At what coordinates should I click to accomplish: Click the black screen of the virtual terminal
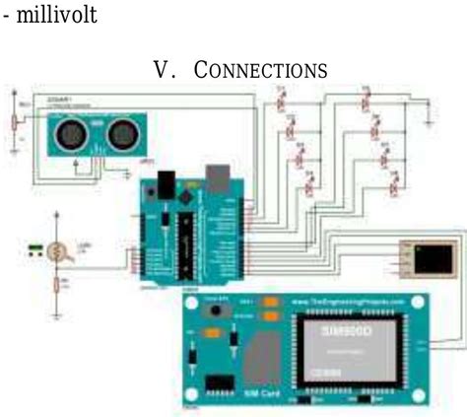(431, 260)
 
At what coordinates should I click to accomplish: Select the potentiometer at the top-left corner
(14, 120)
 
